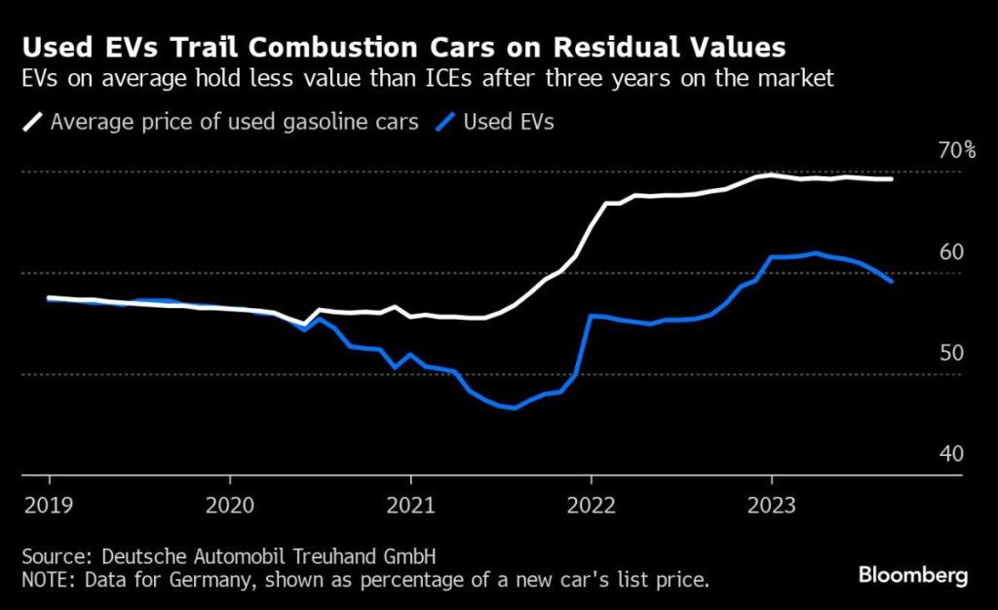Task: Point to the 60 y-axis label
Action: (x=951, y=252)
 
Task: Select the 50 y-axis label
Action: (x=951, y=353)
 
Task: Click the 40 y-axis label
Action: (x=951, y=454)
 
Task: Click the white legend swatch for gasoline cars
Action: (x=33, y=123)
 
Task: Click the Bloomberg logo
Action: (x=913, y=576)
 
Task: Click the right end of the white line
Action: (x=892, y=178)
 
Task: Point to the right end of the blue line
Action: (x=892, y=282)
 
